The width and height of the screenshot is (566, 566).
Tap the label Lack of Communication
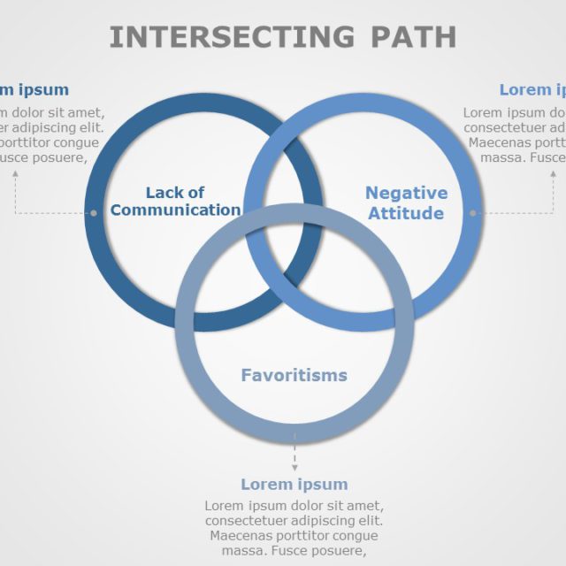(x=175, y=202)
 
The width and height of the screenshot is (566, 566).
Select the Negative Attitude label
(x=406, y=203)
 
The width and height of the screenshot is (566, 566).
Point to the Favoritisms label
(x=294, y=375)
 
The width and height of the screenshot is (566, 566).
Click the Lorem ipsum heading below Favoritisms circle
(x=294, y=485)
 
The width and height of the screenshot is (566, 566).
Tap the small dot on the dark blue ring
(x=94, y=212)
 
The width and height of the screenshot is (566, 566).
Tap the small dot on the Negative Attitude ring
(x=473, y=212)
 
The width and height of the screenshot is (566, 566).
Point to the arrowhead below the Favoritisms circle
(x=294, y=468)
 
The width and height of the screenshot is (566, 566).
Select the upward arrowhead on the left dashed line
(x=15, y=172)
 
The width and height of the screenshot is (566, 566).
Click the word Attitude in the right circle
(x=406, y=213)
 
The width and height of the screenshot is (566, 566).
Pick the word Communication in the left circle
(x=175, y=210)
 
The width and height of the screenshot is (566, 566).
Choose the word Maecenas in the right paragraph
(x=501, y=142)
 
